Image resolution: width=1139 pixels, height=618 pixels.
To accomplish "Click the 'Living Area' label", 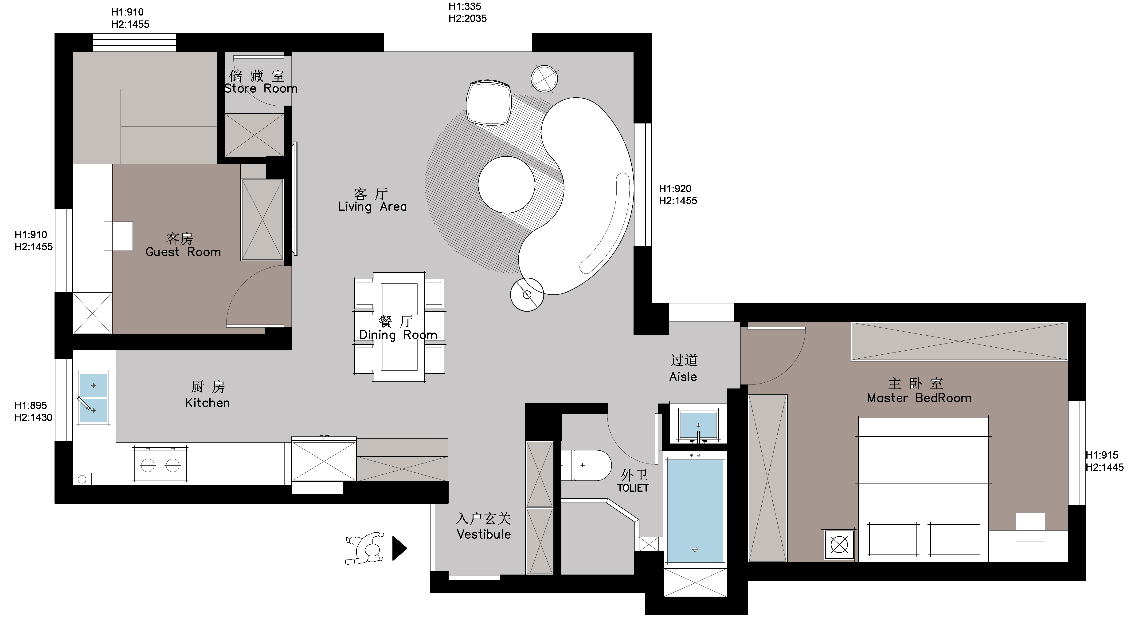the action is [372, 207].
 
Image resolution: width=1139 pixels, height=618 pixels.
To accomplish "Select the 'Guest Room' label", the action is [183, 252].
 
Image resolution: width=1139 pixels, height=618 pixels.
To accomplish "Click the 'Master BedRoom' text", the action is [919, 398].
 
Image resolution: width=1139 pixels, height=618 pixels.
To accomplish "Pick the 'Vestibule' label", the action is [484, 534].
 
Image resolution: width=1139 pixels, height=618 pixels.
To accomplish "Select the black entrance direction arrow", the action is [399, 549].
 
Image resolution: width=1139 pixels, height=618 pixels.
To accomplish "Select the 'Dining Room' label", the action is [398, 335].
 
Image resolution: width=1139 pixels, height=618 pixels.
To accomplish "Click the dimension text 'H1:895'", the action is [31, 406].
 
